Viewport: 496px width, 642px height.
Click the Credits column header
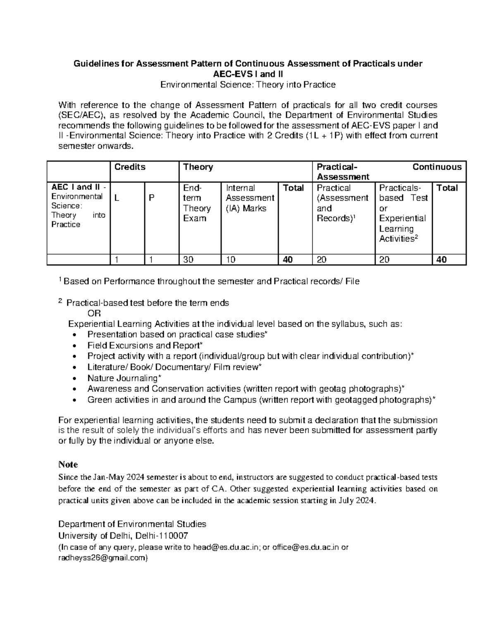[130, 167]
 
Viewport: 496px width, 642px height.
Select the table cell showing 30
[189, 260]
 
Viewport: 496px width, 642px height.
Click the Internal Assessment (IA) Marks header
[250, 198]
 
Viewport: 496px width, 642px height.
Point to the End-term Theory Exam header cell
[197, 203]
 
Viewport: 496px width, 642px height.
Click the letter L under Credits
[117, 198]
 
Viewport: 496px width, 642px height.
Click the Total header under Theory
[293, 188]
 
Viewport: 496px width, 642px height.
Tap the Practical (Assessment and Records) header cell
[342, 203]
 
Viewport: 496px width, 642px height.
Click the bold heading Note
[68, 464]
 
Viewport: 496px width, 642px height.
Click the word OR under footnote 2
[95, 313]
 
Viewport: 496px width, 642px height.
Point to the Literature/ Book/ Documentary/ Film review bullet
[174, 367]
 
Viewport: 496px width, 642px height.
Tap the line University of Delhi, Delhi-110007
[123, 536]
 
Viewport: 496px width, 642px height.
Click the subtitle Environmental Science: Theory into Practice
[248, 85]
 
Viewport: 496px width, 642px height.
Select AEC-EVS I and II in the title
[248, 74]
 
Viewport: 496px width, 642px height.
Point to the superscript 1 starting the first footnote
[60, 280]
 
